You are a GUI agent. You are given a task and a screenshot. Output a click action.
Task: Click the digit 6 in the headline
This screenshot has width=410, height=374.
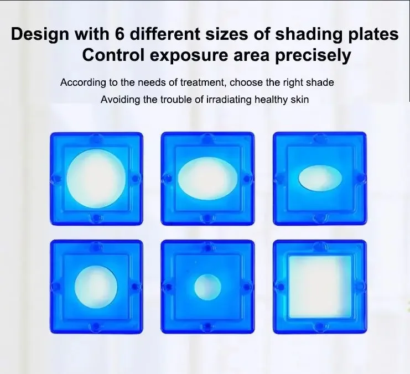[120, 34]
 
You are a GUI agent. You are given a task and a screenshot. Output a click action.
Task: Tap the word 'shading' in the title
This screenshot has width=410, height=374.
[309, 34]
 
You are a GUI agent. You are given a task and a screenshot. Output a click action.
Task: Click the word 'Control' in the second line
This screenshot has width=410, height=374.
[113, 55]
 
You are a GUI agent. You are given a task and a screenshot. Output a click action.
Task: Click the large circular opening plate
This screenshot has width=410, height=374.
[96, 179]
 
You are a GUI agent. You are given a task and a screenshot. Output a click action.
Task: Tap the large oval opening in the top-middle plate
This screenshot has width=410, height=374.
[207, 179]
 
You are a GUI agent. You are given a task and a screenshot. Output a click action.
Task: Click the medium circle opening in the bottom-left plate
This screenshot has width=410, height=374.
[96, 287]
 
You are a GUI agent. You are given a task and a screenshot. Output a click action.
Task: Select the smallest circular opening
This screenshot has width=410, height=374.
[207, 287]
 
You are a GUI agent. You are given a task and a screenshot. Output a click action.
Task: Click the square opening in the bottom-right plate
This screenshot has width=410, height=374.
[319, 287]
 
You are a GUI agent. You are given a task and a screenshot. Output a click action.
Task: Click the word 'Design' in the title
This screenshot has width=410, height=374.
[40, 34]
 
